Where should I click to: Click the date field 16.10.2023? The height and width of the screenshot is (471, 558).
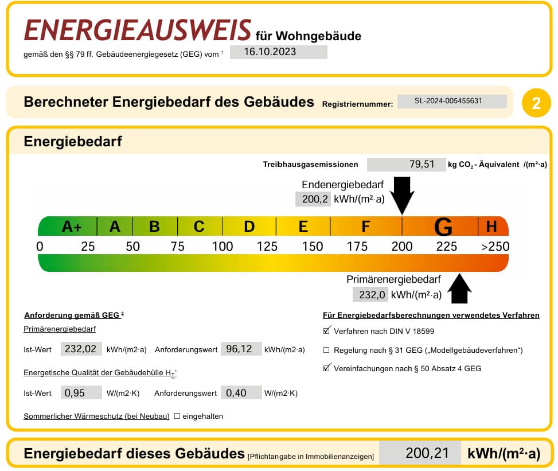[278, 52]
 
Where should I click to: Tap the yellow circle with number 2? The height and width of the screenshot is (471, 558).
[536, 103]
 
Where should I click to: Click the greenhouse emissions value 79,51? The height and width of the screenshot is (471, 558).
[406, 165]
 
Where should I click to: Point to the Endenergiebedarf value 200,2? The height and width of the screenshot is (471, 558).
[313, 199]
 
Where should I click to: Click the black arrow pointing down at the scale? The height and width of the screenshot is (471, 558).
[402, 196]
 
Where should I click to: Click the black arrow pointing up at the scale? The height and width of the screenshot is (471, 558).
[459, 289]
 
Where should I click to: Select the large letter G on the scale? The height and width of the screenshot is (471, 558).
[443, 227]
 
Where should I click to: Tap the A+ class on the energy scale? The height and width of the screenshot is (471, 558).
[72, 227]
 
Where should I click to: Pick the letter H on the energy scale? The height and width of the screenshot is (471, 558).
[491, 227]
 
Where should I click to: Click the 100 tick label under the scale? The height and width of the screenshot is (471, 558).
[223, 246]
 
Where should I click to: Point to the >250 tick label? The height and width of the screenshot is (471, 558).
[495, 246]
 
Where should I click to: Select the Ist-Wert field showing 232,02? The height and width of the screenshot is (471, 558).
[81, 349]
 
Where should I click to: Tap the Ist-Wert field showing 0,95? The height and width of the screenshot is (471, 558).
[81, 392]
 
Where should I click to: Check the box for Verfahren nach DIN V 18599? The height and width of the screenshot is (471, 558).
[327, 330]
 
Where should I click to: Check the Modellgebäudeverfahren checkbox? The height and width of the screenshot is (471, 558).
[326, 350]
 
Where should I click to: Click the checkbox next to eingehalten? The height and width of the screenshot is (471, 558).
[177, 416]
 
